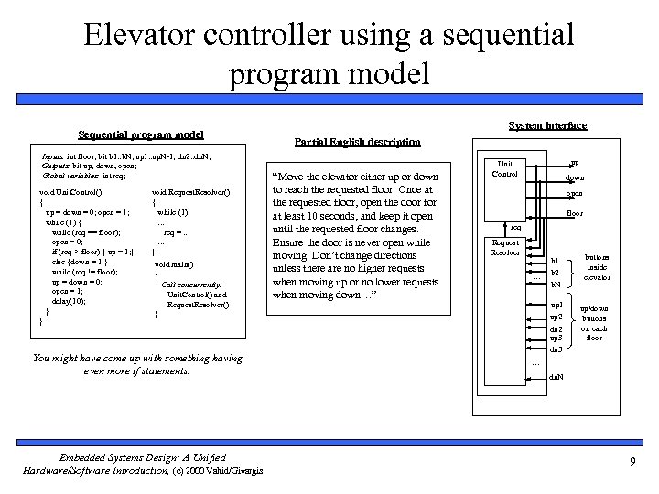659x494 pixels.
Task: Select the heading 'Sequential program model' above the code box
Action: (141, 134)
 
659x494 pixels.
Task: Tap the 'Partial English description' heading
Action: (358, 142)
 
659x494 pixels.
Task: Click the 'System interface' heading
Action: (547, 125)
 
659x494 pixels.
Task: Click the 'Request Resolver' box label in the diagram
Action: (505, 247)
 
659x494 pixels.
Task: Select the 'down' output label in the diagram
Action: (575, 177)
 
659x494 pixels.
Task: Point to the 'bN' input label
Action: (556, 285)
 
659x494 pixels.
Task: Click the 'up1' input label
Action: (556, 304)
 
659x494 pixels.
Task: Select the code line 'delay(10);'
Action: (70, 300)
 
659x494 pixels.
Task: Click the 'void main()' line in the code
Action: (174, 263)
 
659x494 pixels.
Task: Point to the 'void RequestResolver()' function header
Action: (191, 191)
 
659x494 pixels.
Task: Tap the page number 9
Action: (632, 462)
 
